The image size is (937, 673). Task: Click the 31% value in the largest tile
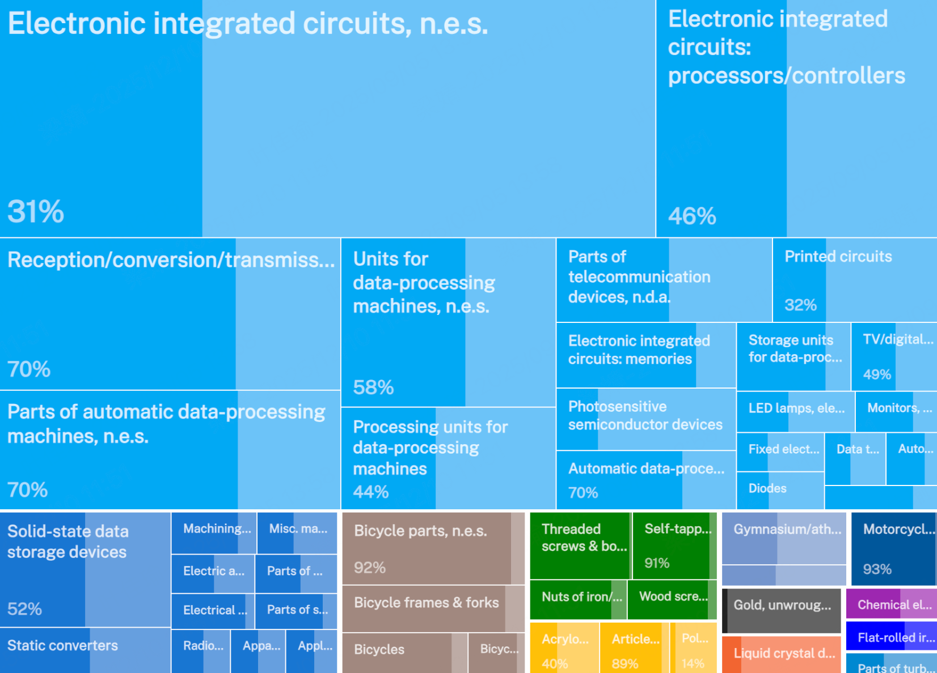(36, 212)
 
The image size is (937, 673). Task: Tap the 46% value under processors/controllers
(692, 216)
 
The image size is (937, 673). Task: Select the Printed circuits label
(838, 257)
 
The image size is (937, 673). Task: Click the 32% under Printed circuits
(800, 305)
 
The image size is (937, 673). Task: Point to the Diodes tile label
(767, 488)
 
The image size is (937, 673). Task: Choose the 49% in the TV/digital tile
(877, 374)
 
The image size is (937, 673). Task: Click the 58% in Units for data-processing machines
(373, 387)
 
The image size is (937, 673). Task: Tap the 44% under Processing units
(370, 492)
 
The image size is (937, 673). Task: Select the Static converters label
(62, 645)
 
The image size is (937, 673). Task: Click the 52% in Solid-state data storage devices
(24, 609)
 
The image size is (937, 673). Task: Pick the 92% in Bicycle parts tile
(370, 568)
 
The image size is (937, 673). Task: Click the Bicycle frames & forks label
(426, 603)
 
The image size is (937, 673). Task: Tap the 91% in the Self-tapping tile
(657, 563)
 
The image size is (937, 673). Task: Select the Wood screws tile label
(673, 597)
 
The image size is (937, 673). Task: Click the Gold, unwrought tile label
(782, 605)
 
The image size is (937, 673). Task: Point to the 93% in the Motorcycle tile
(877, 569)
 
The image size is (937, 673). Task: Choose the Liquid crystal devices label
(784, 653)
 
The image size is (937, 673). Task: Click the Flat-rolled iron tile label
(896, 638)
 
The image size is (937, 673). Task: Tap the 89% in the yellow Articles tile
(625, 663)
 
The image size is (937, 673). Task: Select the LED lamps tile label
(796, 408)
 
